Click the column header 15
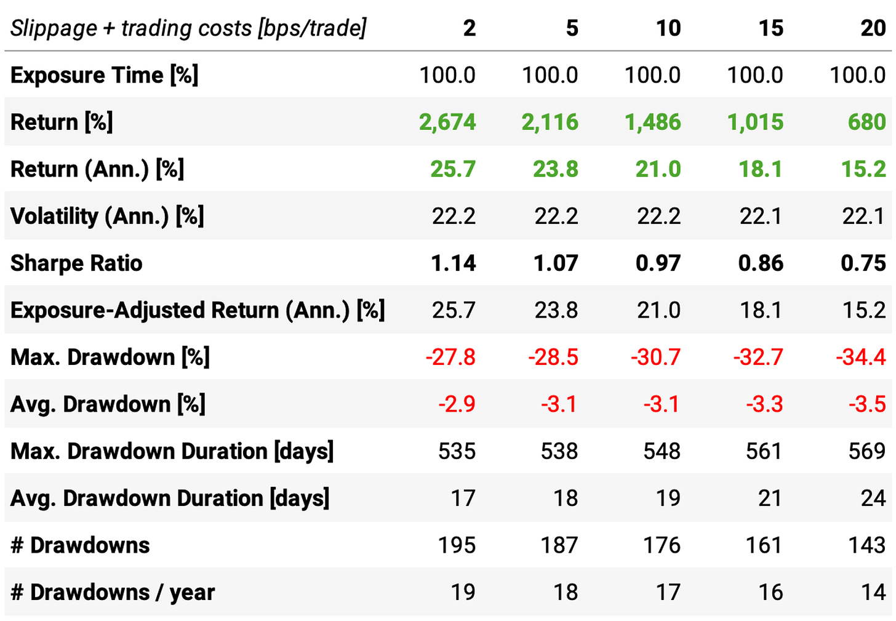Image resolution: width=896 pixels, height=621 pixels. pyautogui.click(x=770, y=28)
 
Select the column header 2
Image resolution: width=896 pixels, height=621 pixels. pyautogui.click(x=469, y=28)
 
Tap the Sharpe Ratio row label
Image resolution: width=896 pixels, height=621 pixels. pyautogui.click(x=76, y=263)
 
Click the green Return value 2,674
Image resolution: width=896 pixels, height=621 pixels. pyautogui.click(x=447, y=122)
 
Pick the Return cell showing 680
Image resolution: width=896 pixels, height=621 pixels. pyautogui.click(x=866, y=122)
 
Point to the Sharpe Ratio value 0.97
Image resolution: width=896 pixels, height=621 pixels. pyautogui.click(x=658, y=263)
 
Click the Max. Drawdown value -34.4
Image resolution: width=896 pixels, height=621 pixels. pyautogui.click(x=860, y=357)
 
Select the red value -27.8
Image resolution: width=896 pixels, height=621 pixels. pyautogui.click(x=450, y=357)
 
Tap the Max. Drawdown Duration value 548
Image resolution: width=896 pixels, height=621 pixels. pyautogui.click(x=662, y=451)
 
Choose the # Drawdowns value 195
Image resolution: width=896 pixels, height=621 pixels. pyautogui.click(x=457, y=545)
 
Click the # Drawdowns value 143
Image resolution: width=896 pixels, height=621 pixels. pyautogui.click(x=866, y=545)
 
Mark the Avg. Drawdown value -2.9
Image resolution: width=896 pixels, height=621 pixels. pyautogui.click(x=457, y=404)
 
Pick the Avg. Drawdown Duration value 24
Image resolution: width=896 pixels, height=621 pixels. pyautogui.click(x=873, y=498)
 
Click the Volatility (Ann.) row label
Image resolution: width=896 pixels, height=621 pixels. pyautogui.click(x=107, y=216)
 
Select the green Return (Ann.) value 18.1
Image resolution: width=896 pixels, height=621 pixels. pyautogui.click(x=761, y=169)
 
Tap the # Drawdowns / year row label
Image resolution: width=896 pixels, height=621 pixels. pyautogui.click(x=113, y=592)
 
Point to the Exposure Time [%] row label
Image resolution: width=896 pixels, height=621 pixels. pyautogui.click(x=104, y=75)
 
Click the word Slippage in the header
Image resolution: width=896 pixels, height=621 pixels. pyautogui.click(x=54, y=28)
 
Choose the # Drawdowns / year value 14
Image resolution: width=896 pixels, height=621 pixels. pyautogui.click(x=873, y=592)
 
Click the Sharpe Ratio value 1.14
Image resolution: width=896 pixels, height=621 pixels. pyautogui.click(x=453, y=263)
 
